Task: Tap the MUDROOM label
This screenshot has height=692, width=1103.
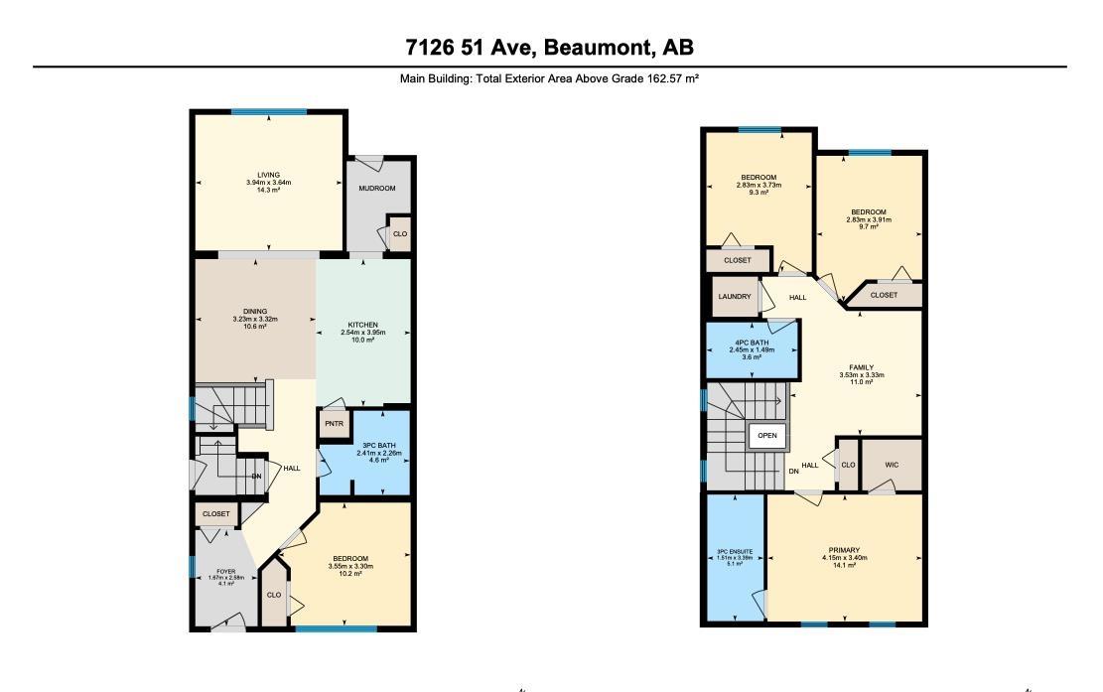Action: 377,189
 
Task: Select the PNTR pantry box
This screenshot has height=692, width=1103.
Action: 332,423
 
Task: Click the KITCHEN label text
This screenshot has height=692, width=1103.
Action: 360,325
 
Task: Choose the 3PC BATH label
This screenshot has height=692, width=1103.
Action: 378,445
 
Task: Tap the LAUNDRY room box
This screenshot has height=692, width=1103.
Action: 734,297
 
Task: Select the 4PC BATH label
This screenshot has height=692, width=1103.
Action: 753,343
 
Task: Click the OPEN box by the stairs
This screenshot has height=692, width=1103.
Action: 767,436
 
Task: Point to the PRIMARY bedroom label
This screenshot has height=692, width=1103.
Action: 844,550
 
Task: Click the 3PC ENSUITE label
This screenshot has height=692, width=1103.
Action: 735,552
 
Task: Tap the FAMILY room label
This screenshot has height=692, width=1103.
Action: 861,367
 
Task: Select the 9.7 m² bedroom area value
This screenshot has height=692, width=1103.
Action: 867,227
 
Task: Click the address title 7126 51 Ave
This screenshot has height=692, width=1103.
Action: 549,47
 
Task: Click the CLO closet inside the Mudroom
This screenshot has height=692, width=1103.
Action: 399,234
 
